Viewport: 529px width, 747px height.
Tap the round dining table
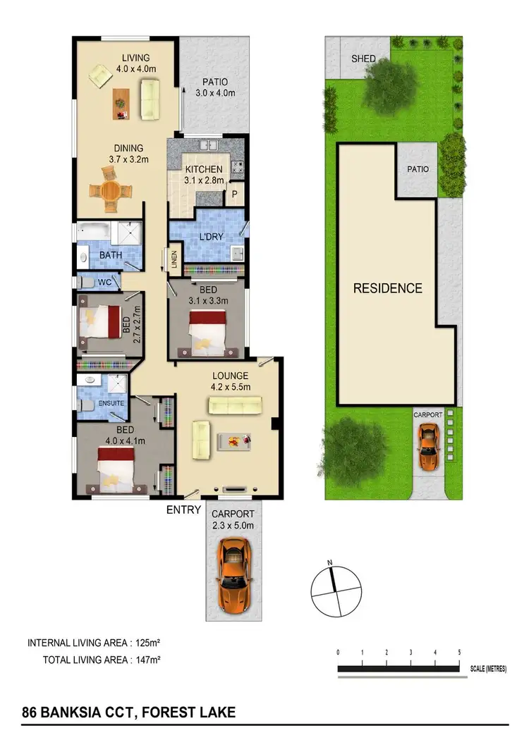coord(111,191)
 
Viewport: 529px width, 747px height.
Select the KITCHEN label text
coord(204,170)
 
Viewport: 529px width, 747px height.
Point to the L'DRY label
coord(210,236)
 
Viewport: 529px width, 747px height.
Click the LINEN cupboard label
coord(174,258)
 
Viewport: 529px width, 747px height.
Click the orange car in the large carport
coord(233,571)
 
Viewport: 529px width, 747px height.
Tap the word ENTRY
coord(183,509)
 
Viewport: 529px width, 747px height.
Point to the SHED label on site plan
coord(363,58)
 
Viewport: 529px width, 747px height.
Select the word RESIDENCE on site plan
coord(387,288)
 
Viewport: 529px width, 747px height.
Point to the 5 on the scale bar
coord(460,653)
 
